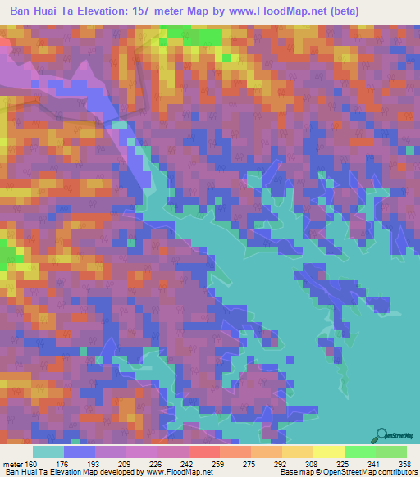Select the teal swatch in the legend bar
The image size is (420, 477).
[48, 452]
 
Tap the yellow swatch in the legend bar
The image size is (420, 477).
[328, 452]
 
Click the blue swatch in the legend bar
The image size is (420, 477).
[80, 452]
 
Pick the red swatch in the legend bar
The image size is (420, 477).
[204, 452]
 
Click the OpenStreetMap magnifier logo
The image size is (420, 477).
[381, 434]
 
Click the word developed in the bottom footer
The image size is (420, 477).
[112, 472]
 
